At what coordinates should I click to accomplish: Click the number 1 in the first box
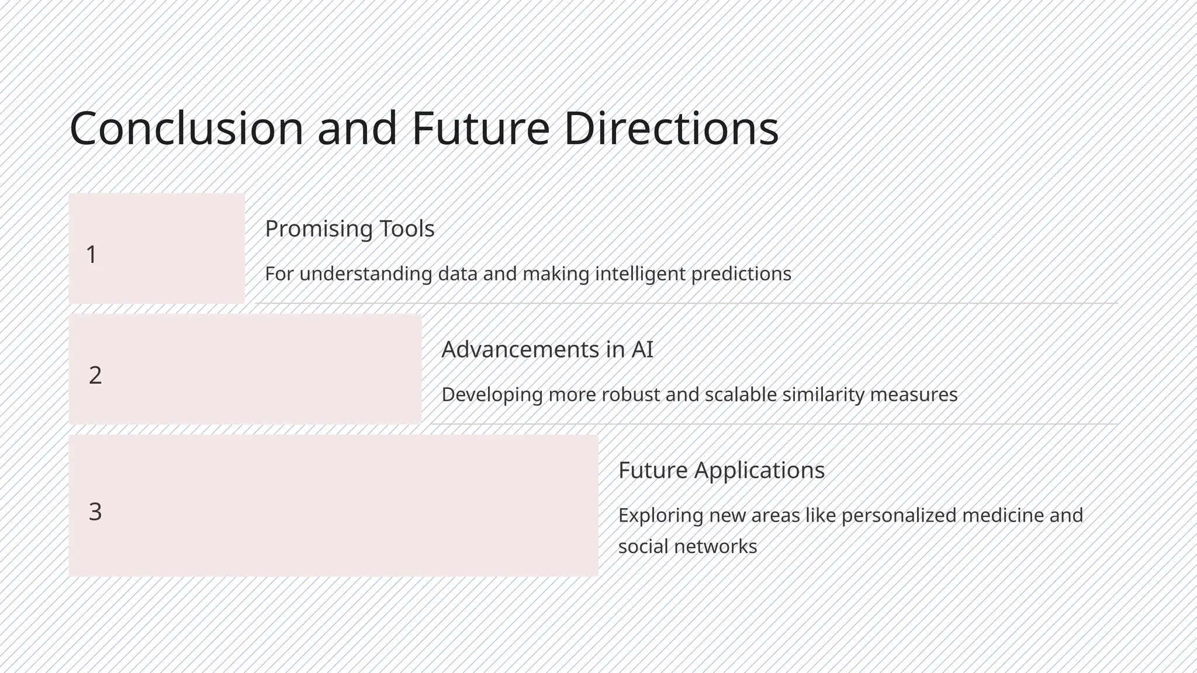click(x=91, y=255)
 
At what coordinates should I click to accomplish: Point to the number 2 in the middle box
click(x=95, y=375)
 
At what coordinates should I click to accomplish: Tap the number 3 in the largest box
click(x=95, y=512)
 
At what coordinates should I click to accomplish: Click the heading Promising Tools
click(x=350, y=228)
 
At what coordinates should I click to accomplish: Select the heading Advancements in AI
click(x=547, y=349)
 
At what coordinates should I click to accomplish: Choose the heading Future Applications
click(x=721, y=470)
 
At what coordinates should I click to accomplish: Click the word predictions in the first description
click(x=741, y=274)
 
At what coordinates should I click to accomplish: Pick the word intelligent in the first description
click(x=640, y=274)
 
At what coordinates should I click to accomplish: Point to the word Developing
click(x=492, y=395)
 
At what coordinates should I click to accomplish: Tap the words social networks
click(x=687, y=547)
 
